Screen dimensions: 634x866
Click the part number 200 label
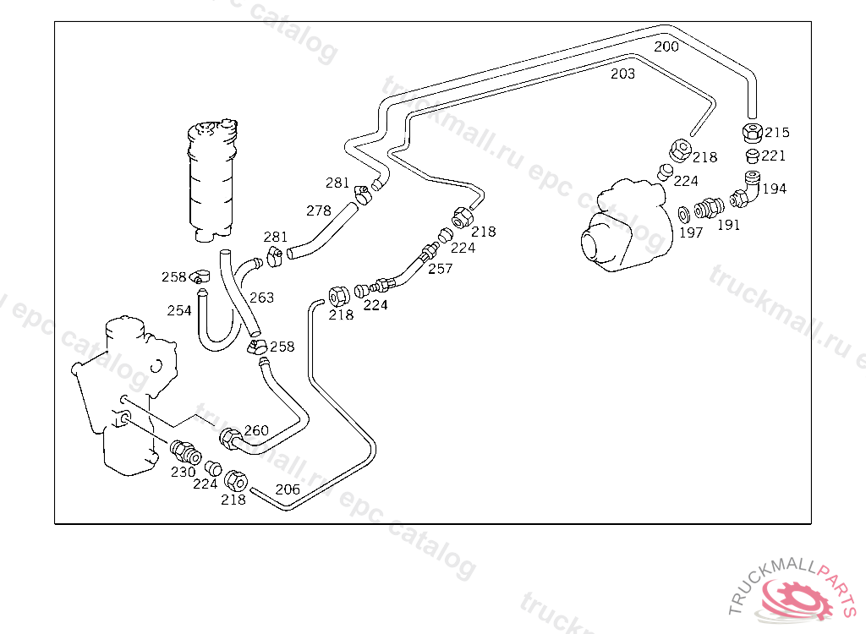click(666, 46)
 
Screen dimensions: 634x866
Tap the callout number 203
click(622, 74)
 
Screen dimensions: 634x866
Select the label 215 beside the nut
click(776, 133)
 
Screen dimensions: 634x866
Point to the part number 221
click(773, 156)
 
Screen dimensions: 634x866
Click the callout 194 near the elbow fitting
click(774, 189)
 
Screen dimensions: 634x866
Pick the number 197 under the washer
click(690, 232)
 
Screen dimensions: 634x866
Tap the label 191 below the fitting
click(728, 225)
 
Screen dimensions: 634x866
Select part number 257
click(440, 269)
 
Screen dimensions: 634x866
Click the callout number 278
click(318, 210)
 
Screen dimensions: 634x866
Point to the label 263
click(261, 298)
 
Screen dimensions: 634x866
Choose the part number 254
click(179, 311)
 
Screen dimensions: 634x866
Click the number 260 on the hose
click(256, 431)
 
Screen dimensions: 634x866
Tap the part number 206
click(288, 489)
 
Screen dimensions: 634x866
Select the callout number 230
click(184, 473)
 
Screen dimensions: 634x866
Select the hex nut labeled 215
click(751, 133)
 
